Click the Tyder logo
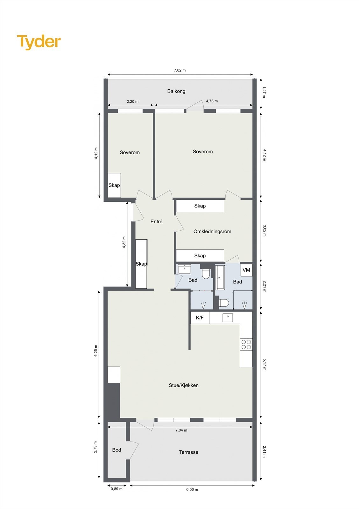[x=39, y=42]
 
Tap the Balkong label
[x=176, y=91]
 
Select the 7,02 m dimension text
[x=180, y=70]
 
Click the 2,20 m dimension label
[x=132, y=101]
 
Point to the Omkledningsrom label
[x=212, y=231]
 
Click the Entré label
[x=156, y=221]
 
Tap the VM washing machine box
[x=246, y=270]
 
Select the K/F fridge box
[x=200, y=317]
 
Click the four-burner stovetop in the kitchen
[x=246, y=345]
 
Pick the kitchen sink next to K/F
[x=228, y=317]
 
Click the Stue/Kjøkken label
[x=184, y=385]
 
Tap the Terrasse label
[x=188, y=452]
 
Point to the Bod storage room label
[x=116, y=450]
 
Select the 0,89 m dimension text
[x=116, y=489]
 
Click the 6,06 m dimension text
[x=192, y=489]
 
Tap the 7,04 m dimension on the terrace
[x=181, y=430]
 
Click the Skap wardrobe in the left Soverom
[x=114, y=185]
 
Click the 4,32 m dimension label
[x=124, y=242]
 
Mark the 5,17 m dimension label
[x=264, y=364]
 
